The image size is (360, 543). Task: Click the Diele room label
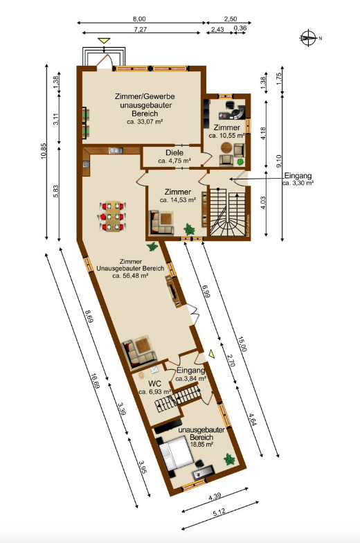click(174, 153)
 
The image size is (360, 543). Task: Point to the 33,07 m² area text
click(144, 121)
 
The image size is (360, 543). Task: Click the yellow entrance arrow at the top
click(104, 42)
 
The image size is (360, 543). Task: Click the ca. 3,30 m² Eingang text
click(298, 184)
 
